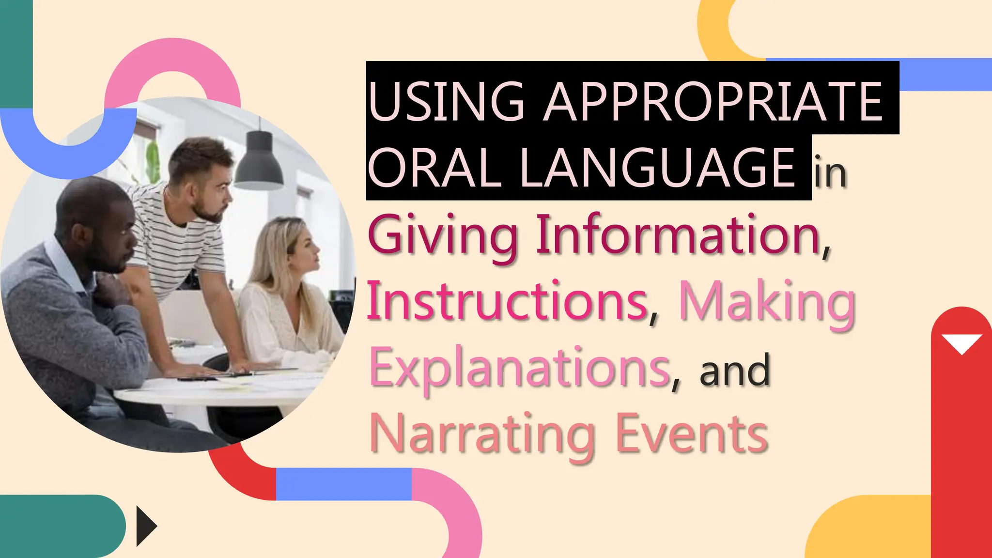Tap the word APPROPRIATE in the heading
[713, 101]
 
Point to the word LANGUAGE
[657, 168]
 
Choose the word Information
[678, 235]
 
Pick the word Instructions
[507, 301]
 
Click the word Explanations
[520, 368]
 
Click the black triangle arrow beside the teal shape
[145, 526]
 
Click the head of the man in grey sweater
[97, 223]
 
